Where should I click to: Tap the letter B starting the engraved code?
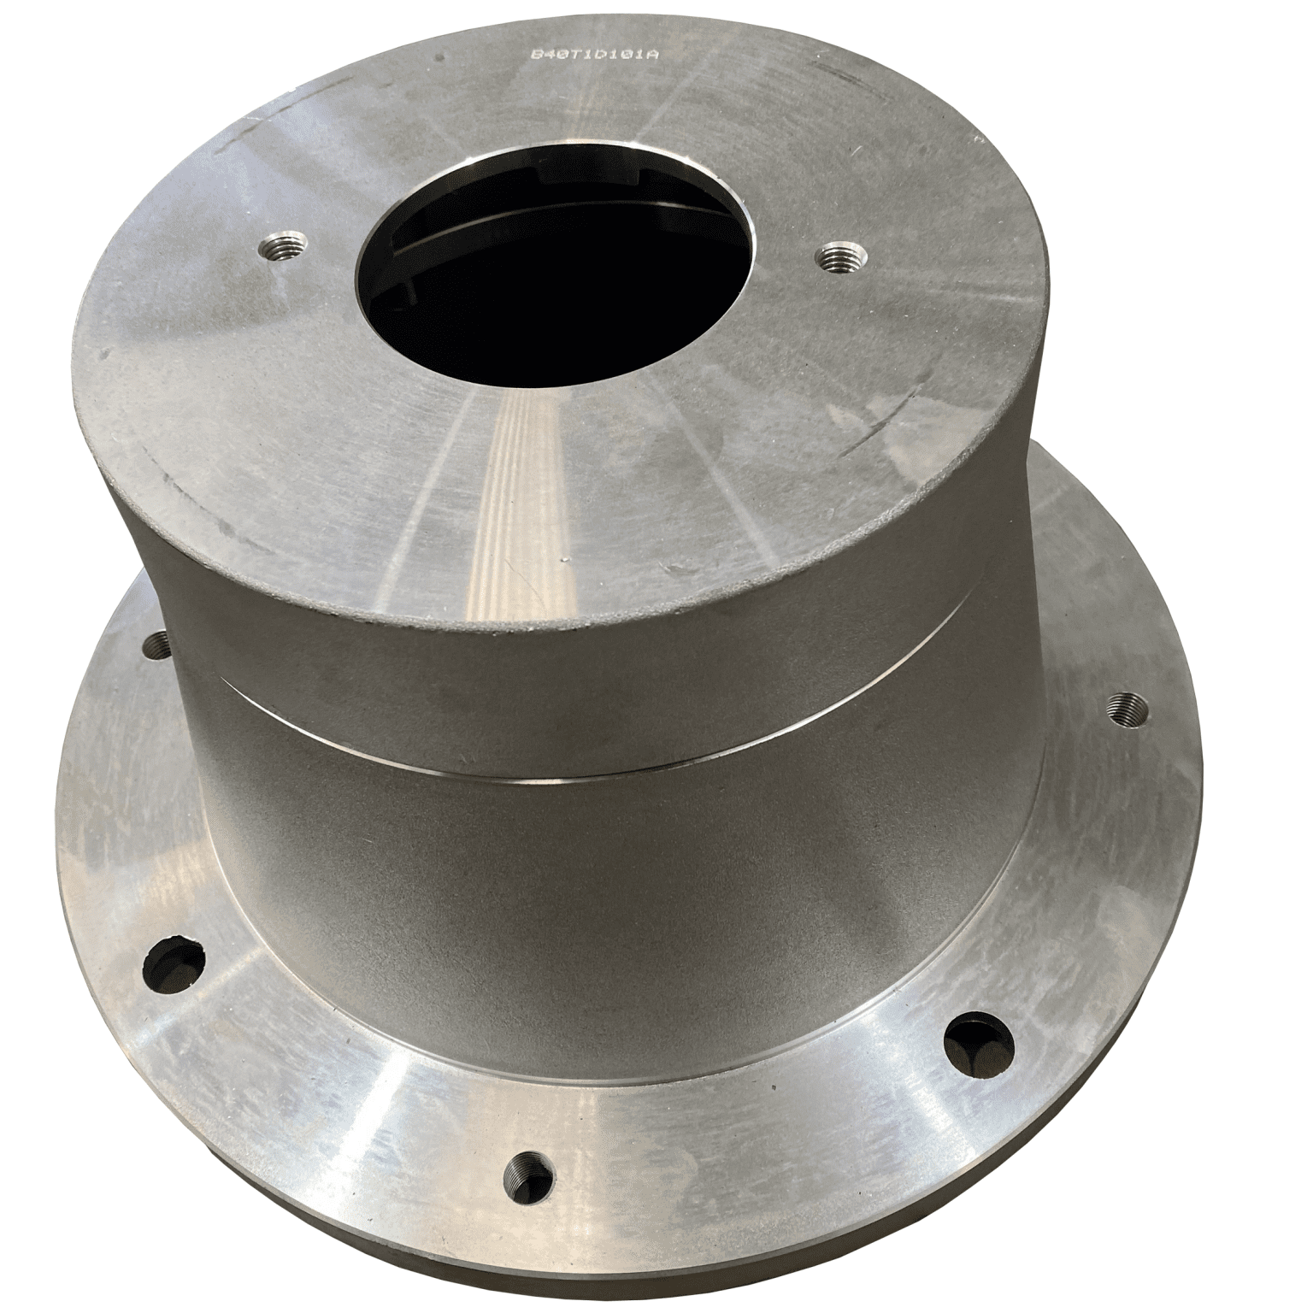(537, 54)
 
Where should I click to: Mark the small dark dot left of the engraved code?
(439, 58)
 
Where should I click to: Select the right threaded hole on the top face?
(841, 256)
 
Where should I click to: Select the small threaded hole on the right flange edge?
(1120, 708)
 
